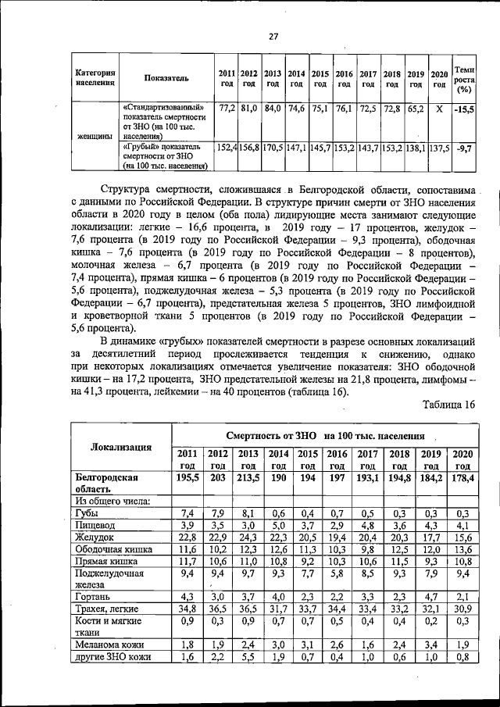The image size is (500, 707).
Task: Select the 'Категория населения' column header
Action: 95,78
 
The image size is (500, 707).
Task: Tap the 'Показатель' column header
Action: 166,78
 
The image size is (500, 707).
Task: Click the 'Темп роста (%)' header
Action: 465,78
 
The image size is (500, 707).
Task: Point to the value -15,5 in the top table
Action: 464,109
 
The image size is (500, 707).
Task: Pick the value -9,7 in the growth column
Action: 464,148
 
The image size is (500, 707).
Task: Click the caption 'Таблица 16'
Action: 448,404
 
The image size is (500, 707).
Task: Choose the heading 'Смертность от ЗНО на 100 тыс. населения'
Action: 325,435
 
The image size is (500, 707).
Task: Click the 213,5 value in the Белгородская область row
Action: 248,477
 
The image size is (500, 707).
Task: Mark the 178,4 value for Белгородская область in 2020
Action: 461,477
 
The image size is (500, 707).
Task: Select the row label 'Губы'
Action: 87,513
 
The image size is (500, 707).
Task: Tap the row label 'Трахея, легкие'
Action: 107,608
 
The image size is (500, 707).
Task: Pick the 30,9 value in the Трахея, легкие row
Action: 461,608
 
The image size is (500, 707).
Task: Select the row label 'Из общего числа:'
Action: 112,500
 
